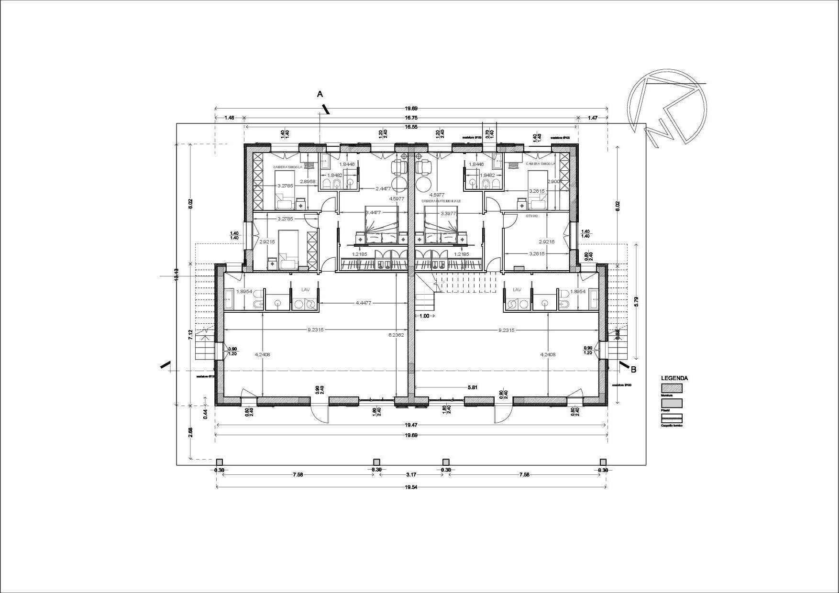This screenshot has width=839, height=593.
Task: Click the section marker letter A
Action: (x=320, y=94)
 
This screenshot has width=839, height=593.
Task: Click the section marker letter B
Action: (x=634, y=369)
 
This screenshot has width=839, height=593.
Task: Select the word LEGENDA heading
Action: (x=674, y=378)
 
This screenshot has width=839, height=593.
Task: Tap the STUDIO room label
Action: (x=532, y=216)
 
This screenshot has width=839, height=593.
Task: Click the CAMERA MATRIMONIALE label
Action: (x=441, y=201)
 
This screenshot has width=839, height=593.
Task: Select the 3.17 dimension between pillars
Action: (x=411, y=475)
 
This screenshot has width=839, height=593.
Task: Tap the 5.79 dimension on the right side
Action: (x=636, y=301)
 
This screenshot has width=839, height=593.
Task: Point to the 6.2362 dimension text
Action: (x=396, y=335)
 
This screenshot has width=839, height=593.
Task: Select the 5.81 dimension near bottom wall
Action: (x=472, y=387)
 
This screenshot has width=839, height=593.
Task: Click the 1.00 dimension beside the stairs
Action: (x=424, y=316)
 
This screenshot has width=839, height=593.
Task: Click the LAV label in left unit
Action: (x=305, y=290)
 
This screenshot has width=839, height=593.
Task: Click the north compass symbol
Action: (x=668, y=107)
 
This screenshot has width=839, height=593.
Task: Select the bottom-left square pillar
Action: (x=219, y=462)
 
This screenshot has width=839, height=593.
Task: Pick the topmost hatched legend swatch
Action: (x=672, y=388)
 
